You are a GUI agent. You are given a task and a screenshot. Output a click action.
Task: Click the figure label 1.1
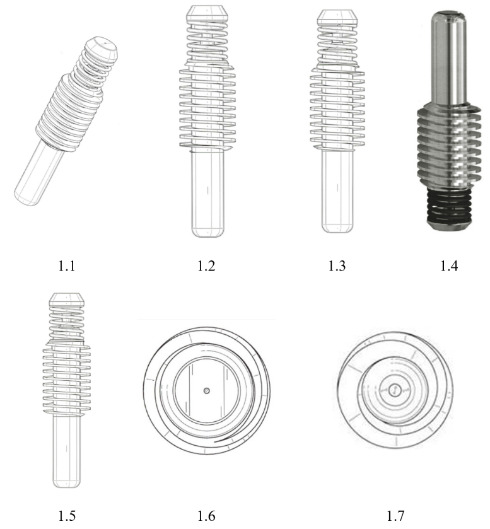point(66,266)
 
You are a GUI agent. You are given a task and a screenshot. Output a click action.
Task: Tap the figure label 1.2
point(206,266)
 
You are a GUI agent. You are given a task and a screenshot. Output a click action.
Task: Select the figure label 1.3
point(337,266)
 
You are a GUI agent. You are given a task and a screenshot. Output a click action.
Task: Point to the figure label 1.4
point(449,266)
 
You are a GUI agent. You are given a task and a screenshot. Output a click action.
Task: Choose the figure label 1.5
point(67,516)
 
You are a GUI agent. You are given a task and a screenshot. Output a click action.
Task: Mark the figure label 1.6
point(206,516)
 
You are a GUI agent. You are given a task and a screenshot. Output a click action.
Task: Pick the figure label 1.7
point(395,516)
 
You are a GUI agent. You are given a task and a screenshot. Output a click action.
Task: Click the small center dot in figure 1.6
point(207,391)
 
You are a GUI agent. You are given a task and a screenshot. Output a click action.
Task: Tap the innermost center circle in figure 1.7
point(394,390)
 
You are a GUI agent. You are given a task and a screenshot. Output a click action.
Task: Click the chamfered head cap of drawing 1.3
point(337,18)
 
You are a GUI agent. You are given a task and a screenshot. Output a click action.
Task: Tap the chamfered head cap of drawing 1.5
point(66,299)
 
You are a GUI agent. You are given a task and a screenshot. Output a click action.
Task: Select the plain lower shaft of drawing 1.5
point(66,451)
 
